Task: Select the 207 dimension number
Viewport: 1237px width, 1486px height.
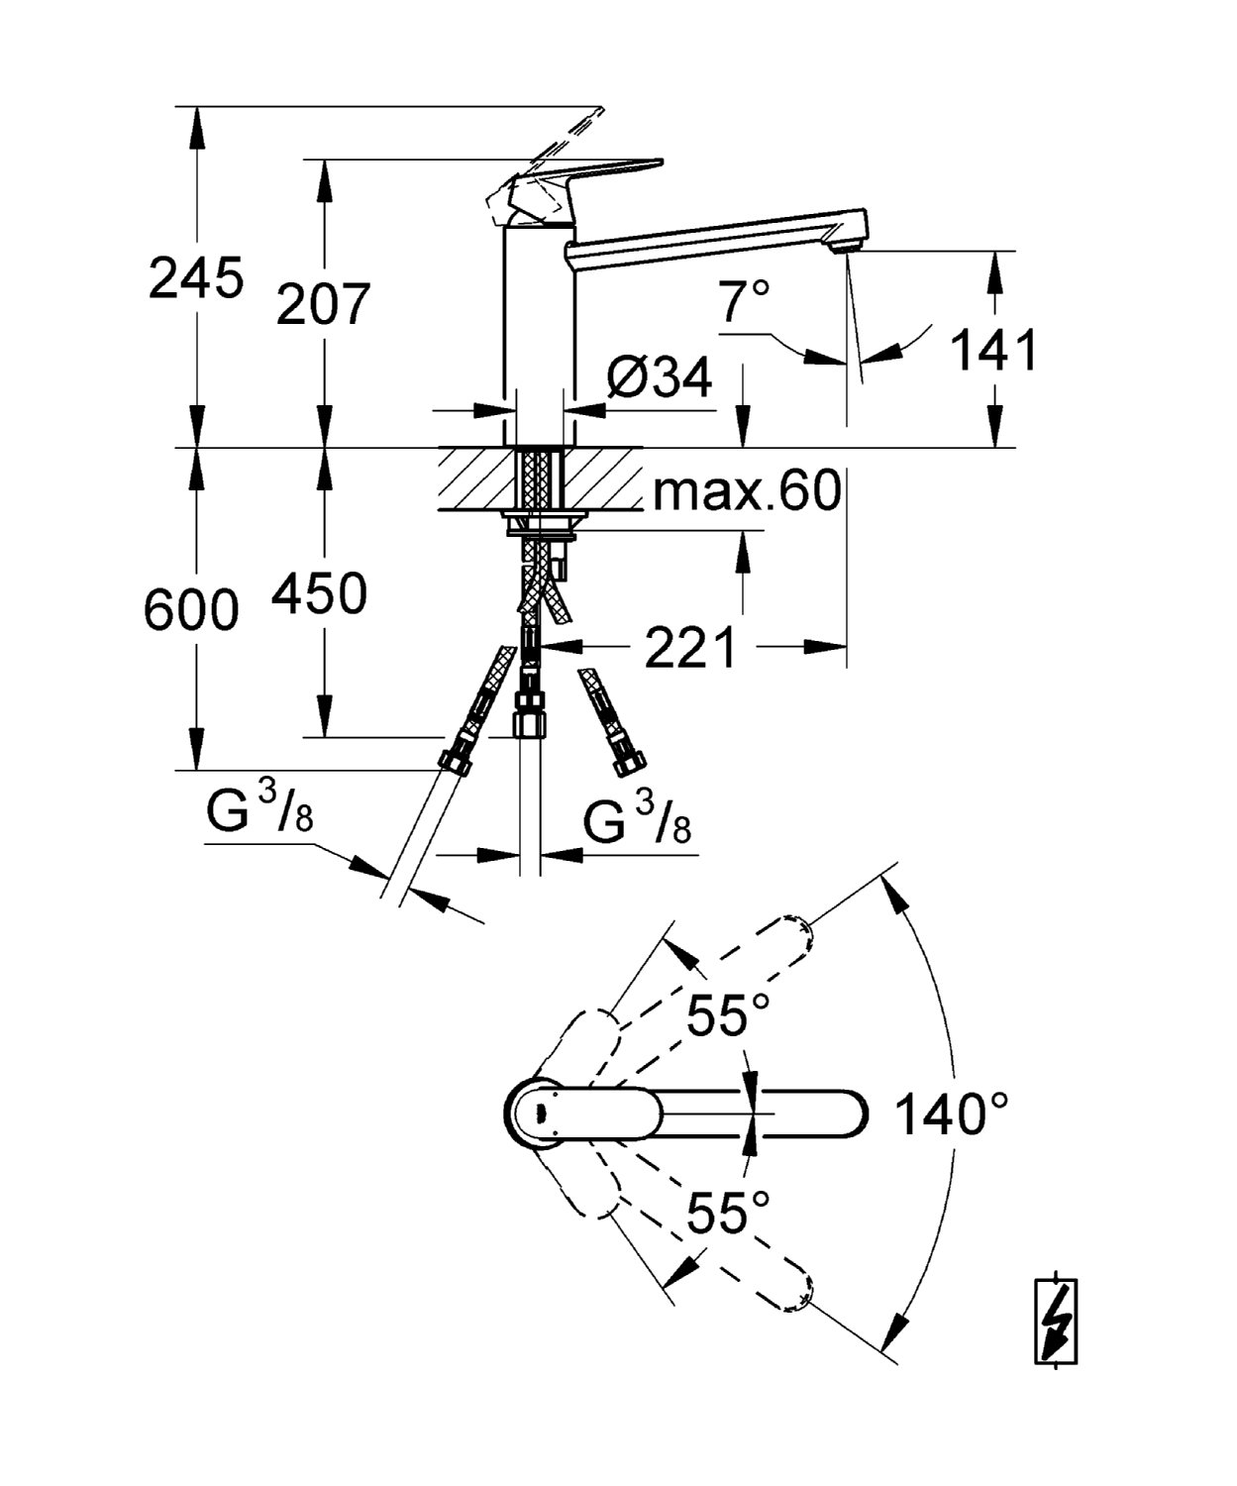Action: [x=324, y=304]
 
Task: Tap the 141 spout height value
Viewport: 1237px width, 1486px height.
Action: [x=994, y=351]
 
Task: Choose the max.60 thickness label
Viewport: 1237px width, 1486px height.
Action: [x=748, y=490]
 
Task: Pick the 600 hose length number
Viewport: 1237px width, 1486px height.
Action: [x=191, y=610]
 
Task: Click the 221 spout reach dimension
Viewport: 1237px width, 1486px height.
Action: [x=689, y=647]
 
